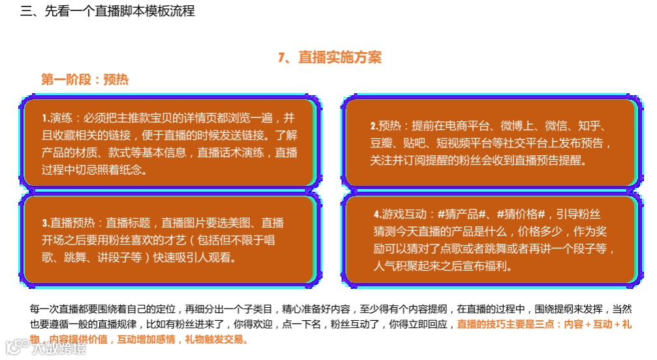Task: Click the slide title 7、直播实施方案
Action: [x=329, y=57]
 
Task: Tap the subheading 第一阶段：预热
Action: [x=85, y=80]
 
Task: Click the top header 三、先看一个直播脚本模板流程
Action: [x=108, y=11]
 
